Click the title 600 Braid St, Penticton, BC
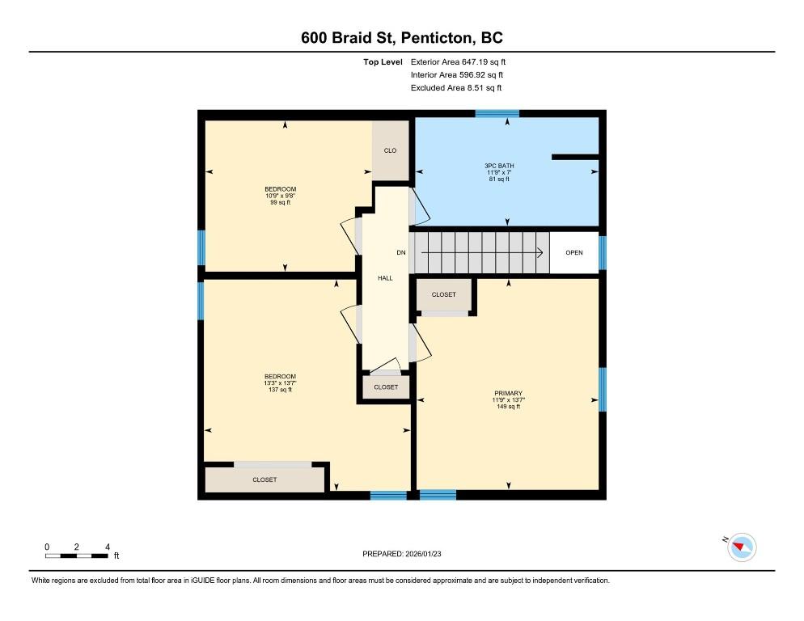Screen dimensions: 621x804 (402, 38)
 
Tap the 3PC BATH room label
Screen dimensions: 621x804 (499, 166)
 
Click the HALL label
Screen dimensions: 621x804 (385, 278)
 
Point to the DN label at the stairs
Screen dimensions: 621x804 (400, 253)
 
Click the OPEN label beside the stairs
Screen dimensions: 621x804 (573, 253)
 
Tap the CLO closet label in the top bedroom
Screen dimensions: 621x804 (390, 151)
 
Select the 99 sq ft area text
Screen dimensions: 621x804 (280, 202)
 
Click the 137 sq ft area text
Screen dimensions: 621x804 (280, 390)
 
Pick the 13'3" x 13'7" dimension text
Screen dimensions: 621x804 (280, 383)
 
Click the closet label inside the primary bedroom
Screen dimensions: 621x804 (443, 295)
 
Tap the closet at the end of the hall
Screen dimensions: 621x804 (386, 387)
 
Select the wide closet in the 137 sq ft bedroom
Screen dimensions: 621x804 (264, 479)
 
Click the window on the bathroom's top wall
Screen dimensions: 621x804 (497, 114)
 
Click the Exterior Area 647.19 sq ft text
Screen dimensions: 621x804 (458, 61)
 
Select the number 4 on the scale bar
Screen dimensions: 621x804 (107, 547)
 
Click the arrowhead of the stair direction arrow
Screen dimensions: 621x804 (539, 253)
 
